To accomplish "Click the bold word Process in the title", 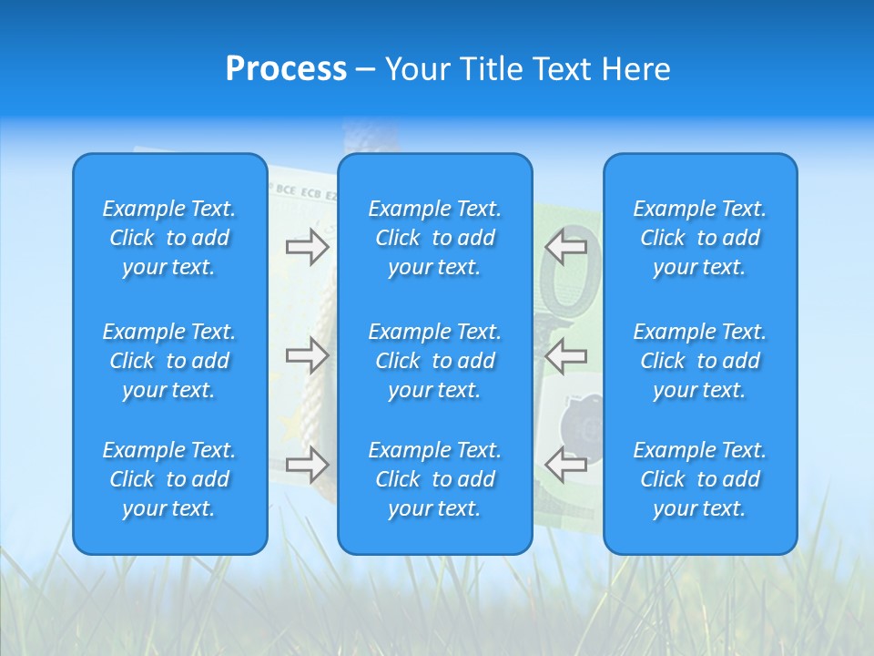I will tap(286, 69).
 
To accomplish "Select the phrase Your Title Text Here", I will tap(528, 69).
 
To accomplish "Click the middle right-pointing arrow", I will tap(307, 354).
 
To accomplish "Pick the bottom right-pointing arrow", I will tap(307, 465).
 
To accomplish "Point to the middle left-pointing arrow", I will tap(566, 354).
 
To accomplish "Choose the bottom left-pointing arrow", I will tap(566, 465).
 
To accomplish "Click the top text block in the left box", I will tap(169, 238).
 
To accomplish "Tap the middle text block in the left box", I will tap(169, 361).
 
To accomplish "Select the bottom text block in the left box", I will tap(169, 479).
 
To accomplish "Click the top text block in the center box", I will tap(435, 238).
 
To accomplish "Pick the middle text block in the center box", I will tap(435, 361).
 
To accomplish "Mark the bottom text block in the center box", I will tap(435, 479).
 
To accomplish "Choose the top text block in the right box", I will tap(700, 238).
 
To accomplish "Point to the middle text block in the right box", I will tap(700, 361).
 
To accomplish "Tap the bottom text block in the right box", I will tap(700, 479).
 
